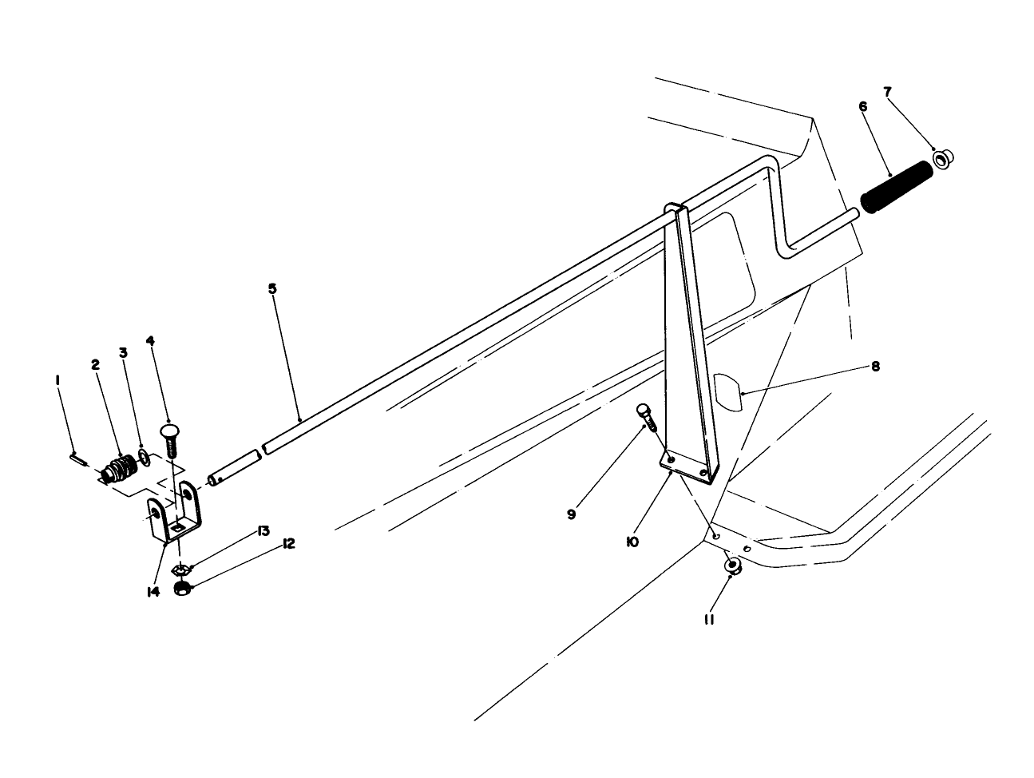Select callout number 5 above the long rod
[272, 288]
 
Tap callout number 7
[888, 92]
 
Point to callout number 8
[875, 367]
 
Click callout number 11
[709, 619]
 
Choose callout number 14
[153, 592]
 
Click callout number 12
[288, 544]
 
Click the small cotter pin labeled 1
[78, 458]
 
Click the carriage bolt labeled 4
[170, 439]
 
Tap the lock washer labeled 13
[182, 570]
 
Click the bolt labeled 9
[647, 418]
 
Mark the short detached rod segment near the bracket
[233, 467]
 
